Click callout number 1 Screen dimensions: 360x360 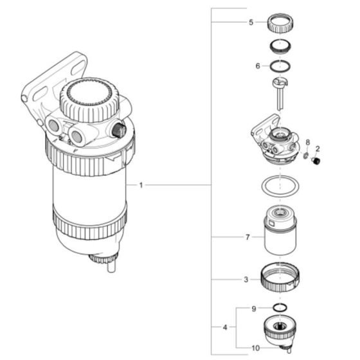pyautogui.click(x=141, y=185)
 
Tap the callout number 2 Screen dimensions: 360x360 pyautogui.click(x=318, y=148)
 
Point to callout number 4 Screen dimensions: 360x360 pyautogui.click(x=225, y=328)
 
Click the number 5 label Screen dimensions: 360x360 pyautogui.click(x=251, y=22)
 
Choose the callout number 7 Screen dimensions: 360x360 pyautogui.click(x=246, y=237)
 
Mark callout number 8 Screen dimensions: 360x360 pyautogui.click(x=308, y=141)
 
